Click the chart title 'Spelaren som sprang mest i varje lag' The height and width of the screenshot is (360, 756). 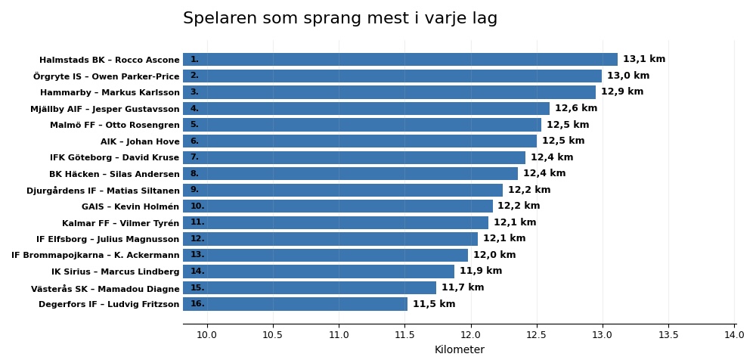(340, 19)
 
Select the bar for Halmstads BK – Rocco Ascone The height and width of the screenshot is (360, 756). (400, 60)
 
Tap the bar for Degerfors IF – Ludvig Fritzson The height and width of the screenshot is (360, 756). (295, 304)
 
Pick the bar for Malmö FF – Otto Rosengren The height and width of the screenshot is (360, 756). (362, 125)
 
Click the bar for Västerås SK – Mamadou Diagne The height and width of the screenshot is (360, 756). (309, 288)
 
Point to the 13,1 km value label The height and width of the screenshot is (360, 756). (644, 60)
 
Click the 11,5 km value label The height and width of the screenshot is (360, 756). (434, 304)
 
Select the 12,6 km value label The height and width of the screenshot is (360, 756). (576, 109)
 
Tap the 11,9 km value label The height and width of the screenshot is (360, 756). (481, 272)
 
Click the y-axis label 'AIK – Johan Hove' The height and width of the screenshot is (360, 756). (140, 141)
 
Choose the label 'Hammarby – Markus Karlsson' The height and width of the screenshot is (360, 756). (110, 93)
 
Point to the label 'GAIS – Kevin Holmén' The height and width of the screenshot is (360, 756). (131, 206)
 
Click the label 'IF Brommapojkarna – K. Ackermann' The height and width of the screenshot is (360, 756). (95, 256)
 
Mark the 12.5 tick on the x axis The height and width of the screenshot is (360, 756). (537, 335)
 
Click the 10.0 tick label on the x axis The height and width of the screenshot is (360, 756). (207, 335)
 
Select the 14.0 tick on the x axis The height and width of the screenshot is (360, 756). (734, 335)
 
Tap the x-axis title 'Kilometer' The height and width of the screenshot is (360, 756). (459, 350)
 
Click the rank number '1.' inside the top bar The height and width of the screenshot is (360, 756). (194, 60)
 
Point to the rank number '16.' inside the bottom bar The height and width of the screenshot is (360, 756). (197, 304)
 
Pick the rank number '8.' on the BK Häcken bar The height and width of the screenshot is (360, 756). (194, 174)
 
